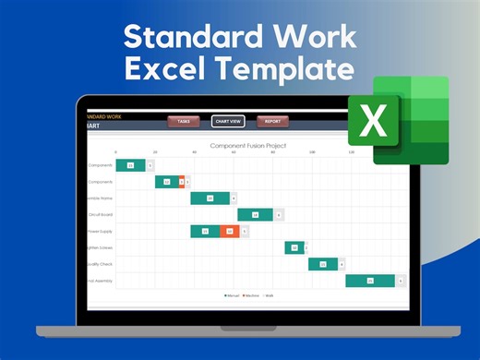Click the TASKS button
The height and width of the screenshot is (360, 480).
[184, 121]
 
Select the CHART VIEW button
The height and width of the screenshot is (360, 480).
[228, 121]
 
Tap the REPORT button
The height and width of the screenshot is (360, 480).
[272, 121]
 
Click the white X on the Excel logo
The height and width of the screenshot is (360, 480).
[373, 121]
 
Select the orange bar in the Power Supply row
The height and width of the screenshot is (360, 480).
[228, 232]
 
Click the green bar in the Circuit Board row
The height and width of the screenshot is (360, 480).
[255, 215]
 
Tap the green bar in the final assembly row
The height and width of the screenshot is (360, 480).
[370, 281]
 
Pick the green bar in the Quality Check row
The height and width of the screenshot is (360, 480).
[323, 264]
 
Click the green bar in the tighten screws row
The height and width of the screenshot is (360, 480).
[294, 247]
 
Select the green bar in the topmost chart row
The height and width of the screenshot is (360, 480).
[130, 165]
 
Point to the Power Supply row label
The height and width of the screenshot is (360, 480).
[100, 232]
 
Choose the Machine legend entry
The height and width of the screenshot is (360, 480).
[249, 295]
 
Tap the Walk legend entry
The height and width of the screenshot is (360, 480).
[268, 295]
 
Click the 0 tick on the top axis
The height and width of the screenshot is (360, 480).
[116, 152]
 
